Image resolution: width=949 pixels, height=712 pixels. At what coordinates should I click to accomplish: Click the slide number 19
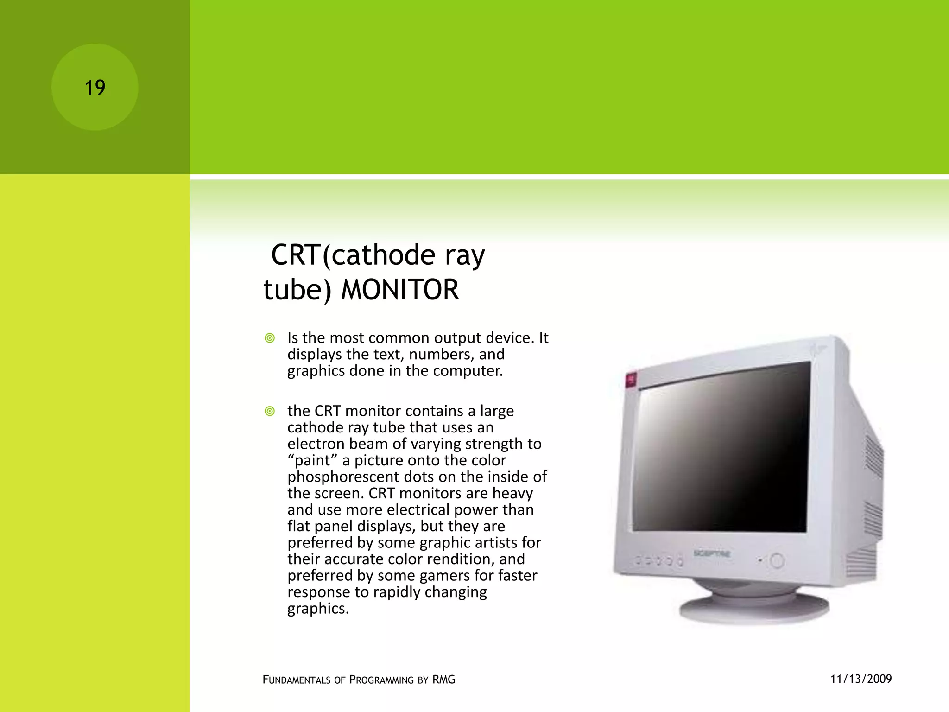point(95,88)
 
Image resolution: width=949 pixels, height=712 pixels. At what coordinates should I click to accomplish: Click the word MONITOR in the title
point(400,290)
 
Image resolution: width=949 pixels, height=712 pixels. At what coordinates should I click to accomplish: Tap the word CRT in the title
point(296,255)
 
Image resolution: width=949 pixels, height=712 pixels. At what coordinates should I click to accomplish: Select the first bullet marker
point(270,338)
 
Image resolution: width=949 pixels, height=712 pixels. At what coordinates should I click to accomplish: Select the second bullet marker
point(270,411)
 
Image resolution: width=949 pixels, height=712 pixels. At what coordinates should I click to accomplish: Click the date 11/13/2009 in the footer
point(861,679)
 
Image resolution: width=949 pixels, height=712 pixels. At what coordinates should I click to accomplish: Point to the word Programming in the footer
point(381,680)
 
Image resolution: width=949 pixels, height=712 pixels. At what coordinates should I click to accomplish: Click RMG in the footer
point(444,680)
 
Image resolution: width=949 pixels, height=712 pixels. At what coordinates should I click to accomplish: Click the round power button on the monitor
point(777,561)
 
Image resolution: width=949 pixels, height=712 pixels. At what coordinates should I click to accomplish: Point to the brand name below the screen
point(712,553)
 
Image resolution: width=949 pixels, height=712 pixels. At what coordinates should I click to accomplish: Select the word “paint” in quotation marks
point(312,460)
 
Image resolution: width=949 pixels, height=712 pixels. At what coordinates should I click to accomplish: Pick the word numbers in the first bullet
point(435,355)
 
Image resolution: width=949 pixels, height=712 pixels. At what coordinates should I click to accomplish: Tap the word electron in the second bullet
point(316,444)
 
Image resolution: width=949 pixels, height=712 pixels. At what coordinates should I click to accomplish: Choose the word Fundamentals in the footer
point(297,680)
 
